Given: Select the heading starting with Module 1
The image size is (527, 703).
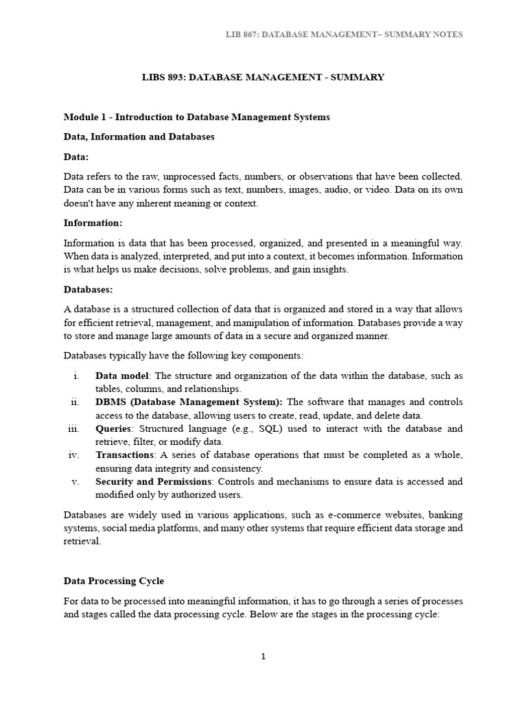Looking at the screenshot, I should [196, 117].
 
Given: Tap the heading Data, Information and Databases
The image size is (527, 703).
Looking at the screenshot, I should [139, 137].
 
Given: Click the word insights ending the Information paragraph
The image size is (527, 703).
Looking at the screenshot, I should [330, 269].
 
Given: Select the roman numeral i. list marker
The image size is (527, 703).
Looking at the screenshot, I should [75, 376].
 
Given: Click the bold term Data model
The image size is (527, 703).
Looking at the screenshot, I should [121, 376].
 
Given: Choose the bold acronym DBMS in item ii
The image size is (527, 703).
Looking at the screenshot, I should [110, 402].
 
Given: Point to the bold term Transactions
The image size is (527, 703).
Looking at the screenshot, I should [125, 455].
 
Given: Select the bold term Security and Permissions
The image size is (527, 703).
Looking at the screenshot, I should [154, 482].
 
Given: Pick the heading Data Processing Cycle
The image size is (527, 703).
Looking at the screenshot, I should [113, 581].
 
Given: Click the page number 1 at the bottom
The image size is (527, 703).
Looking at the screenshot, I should [263, 656].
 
